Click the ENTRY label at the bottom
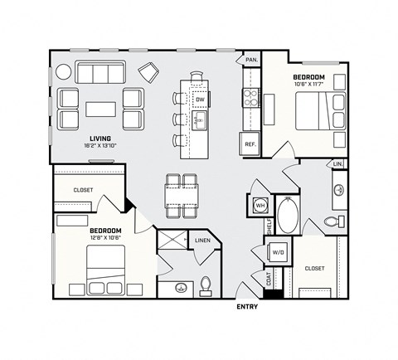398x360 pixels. tap(247, 306)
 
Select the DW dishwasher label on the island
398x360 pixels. tap(199, 100)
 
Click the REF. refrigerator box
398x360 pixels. tap(248, 144)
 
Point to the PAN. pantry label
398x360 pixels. tap(250, 60)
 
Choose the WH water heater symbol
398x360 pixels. tap(259, 204)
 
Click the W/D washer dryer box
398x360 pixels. tap(278, 252)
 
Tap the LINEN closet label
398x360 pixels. tap(202, 241)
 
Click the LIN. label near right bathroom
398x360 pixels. tap(337, 164)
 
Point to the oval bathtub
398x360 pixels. tap(288, 216)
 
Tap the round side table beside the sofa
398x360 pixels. tap(64, 72)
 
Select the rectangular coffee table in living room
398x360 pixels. tap(101, 109)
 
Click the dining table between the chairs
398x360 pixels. tap(182, 192)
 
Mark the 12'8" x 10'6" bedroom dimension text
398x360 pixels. tap(105, 238)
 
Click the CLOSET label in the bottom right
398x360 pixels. tap(314, 268)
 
